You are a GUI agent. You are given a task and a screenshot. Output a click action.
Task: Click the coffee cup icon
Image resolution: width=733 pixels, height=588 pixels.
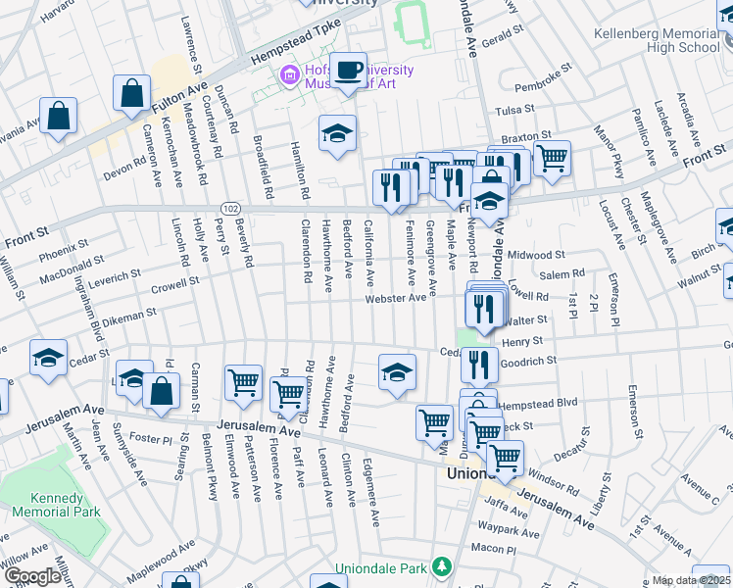pos(348,71)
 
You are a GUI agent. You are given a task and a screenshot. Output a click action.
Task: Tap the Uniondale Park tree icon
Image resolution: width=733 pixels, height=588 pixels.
pos(442,567)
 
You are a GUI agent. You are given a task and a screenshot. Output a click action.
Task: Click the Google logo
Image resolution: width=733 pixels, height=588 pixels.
pos(32,576)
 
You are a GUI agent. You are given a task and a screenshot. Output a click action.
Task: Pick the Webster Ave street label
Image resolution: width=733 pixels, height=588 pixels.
pos(396,298)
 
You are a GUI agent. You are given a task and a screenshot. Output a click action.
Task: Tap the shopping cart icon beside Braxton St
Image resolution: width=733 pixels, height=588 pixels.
pos(553,156)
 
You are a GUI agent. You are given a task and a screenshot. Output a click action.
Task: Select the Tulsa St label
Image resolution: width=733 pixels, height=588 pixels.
pos(516,110)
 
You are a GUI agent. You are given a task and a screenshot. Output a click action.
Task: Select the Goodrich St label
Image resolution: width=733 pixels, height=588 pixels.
pos(529,360)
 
